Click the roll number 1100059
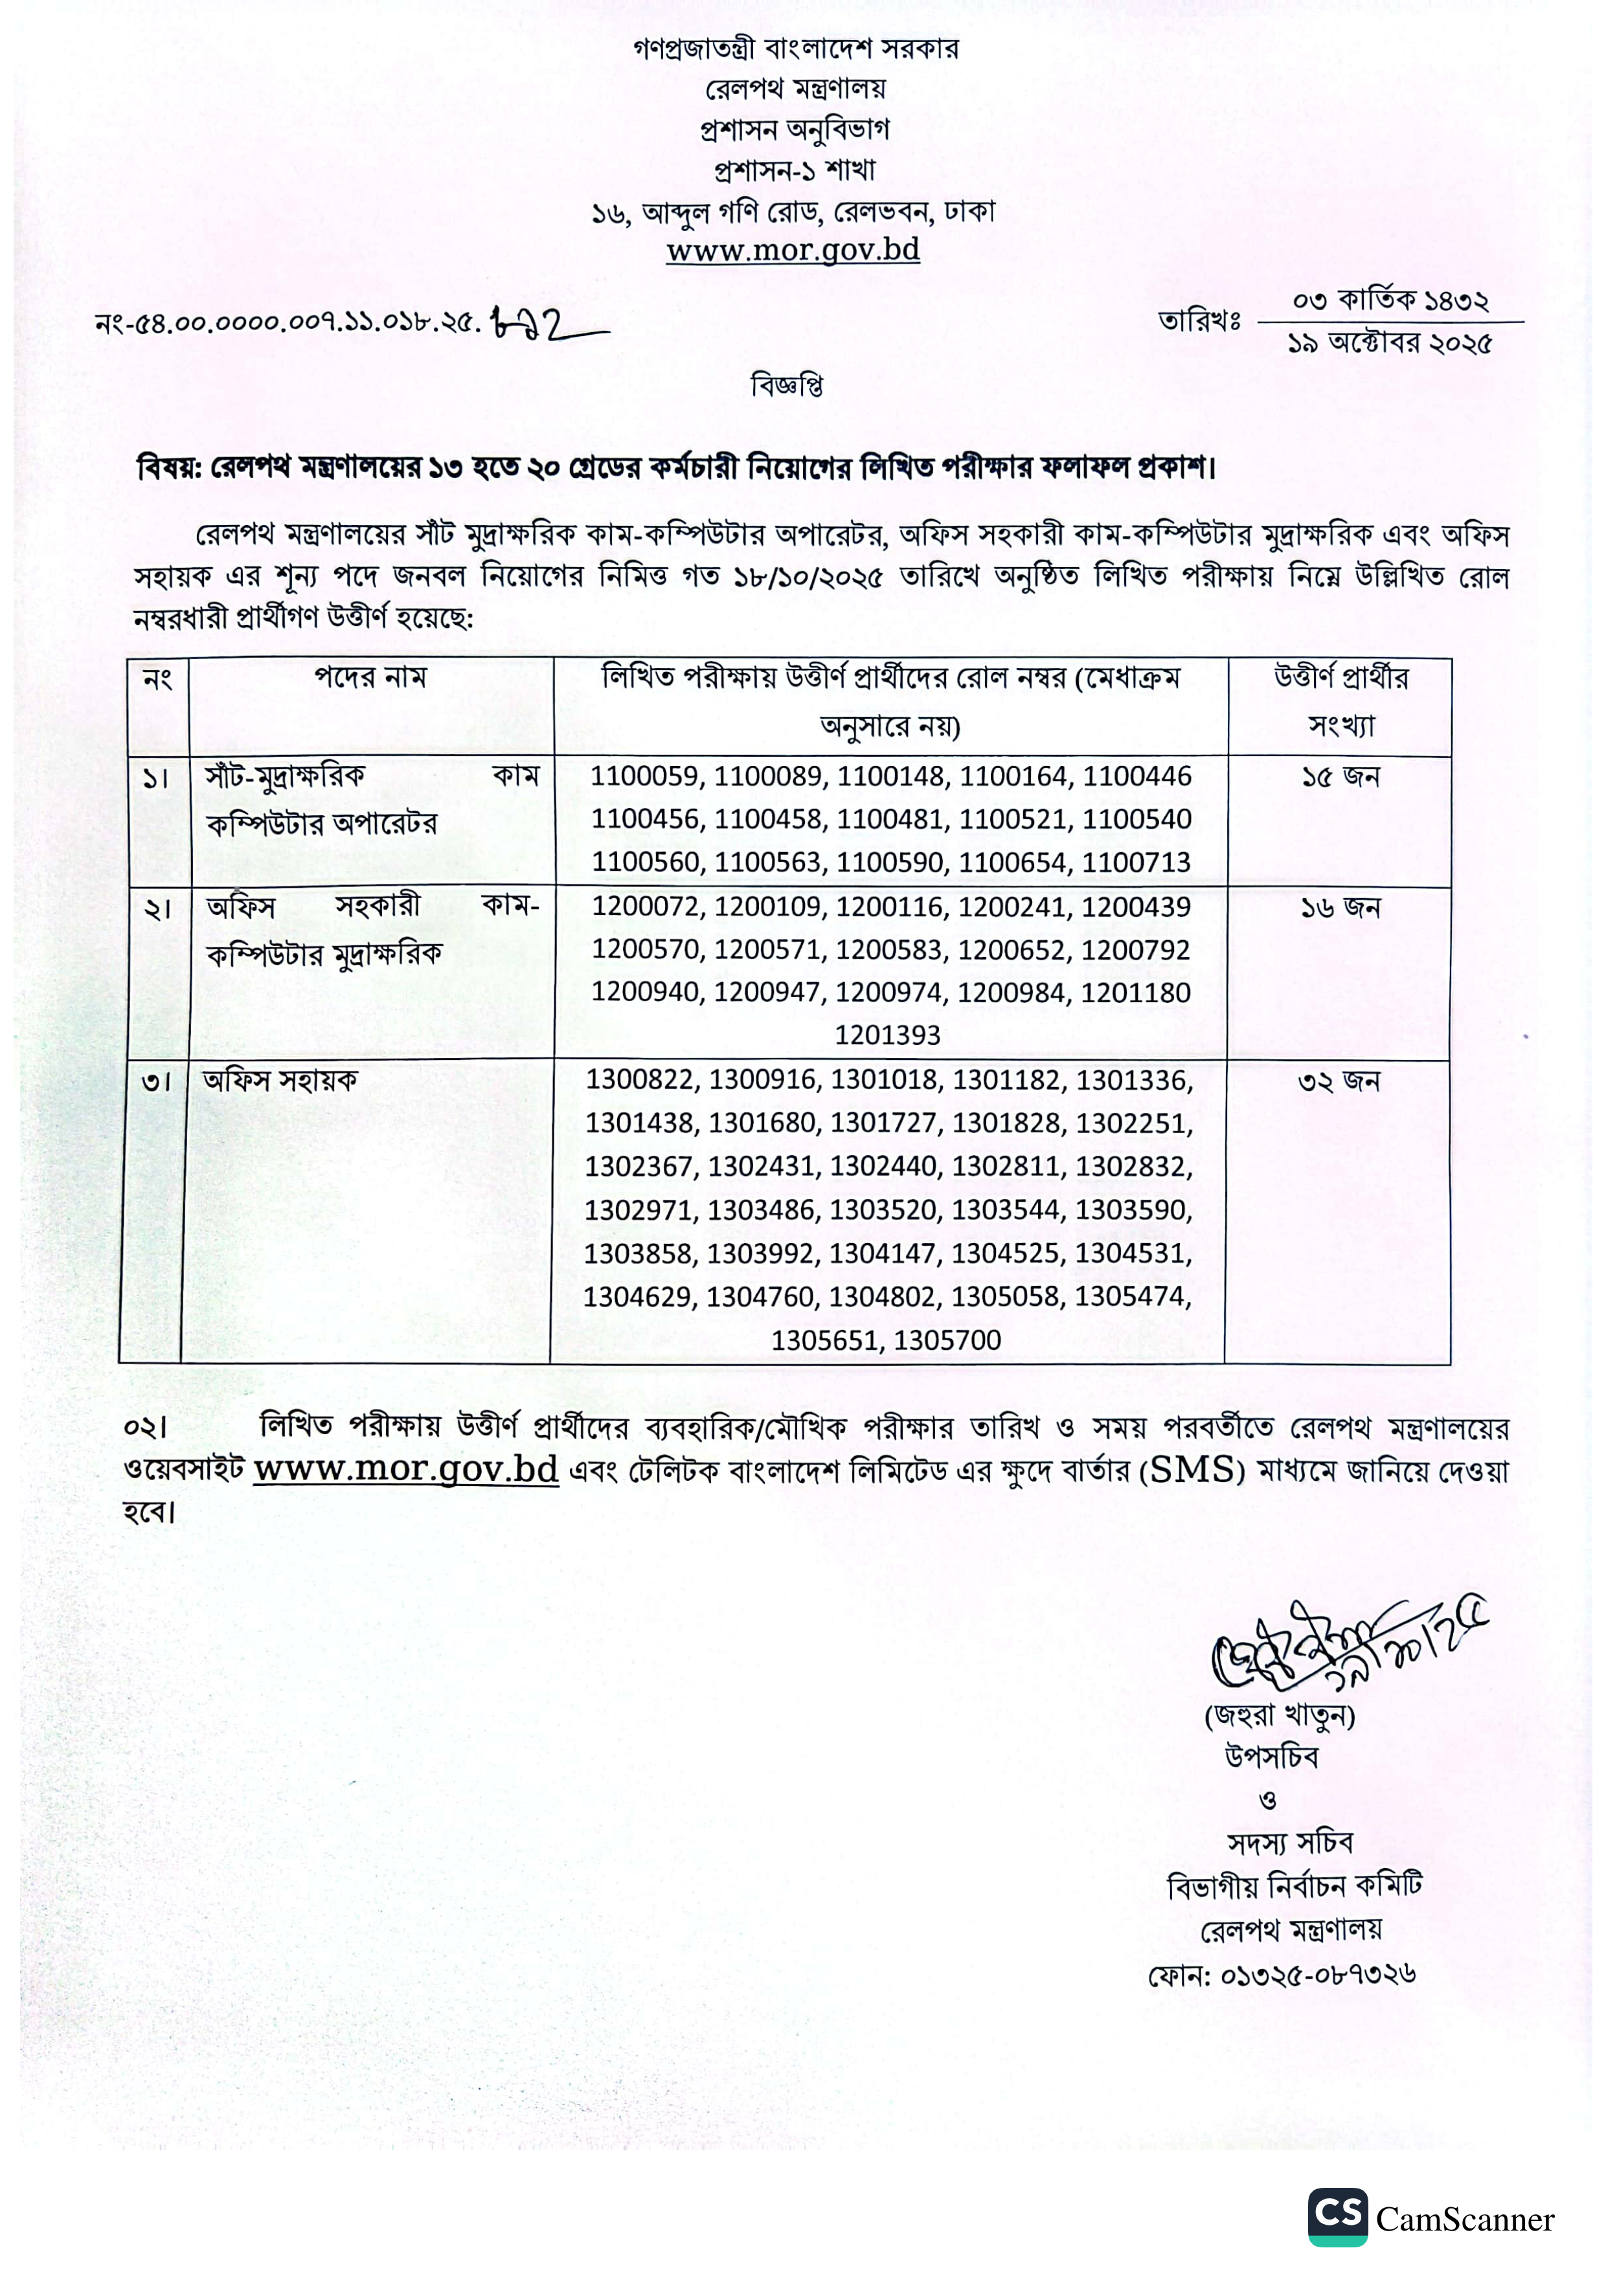(x=646, y=777)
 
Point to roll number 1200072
(x=647, y=907)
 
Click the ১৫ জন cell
(x=1340, y=778)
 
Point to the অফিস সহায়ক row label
(x=280, y=1081)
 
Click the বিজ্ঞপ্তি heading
(x=787, y=386)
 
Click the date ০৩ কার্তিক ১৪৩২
(x=1390, y=300)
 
